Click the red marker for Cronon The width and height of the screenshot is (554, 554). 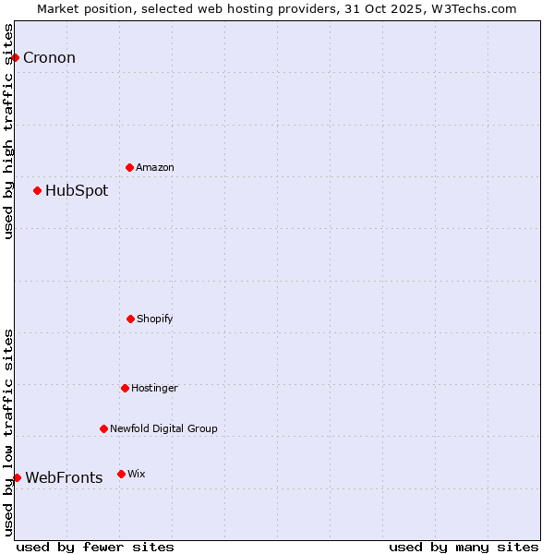pyautogui.click(x=15, y=57)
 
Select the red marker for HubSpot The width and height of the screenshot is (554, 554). pyautogui.click(x=37, y=190)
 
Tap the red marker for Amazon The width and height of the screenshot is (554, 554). pyautogui.click(x=129, y=167)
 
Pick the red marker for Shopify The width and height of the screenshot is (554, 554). pyautogui.click(x=130, y=319)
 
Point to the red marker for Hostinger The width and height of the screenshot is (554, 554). pyautogui.click(x=125, y=388)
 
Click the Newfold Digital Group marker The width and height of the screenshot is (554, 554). pyautogui.click(x=103, y=428)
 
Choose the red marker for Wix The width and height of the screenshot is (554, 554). pyautogui.click(x=121, y=474)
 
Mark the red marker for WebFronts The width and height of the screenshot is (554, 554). pyautogui.click(x=17, y=477)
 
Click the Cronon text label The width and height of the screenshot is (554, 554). pyautogui.click(x=49, y=57)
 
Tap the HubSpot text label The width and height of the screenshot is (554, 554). pyautogui.click(x=77, y=191)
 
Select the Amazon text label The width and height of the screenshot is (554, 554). pyautogui.click(x=155, y=167)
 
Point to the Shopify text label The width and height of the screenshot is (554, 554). pyautogui.click(x=155, y=319)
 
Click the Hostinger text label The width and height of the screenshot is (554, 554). pyautogui.click(x=154, y=388)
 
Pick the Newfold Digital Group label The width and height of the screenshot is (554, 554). pyautogui.click(x=163, y=428)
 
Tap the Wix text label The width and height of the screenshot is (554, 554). pyautogui.click(x=137, y=474)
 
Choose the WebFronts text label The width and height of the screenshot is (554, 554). pyautogui.click(x=64, y=477)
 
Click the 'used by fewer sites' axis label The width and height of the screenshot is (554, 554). pyautogui.click(x=95, y=547)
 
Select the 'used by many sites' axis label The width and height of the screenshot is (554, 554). pyautogui.click(x=464, y=547)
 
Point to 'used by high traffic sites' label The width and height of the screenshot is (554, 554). pyautogui.click(x=8, y=132)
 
